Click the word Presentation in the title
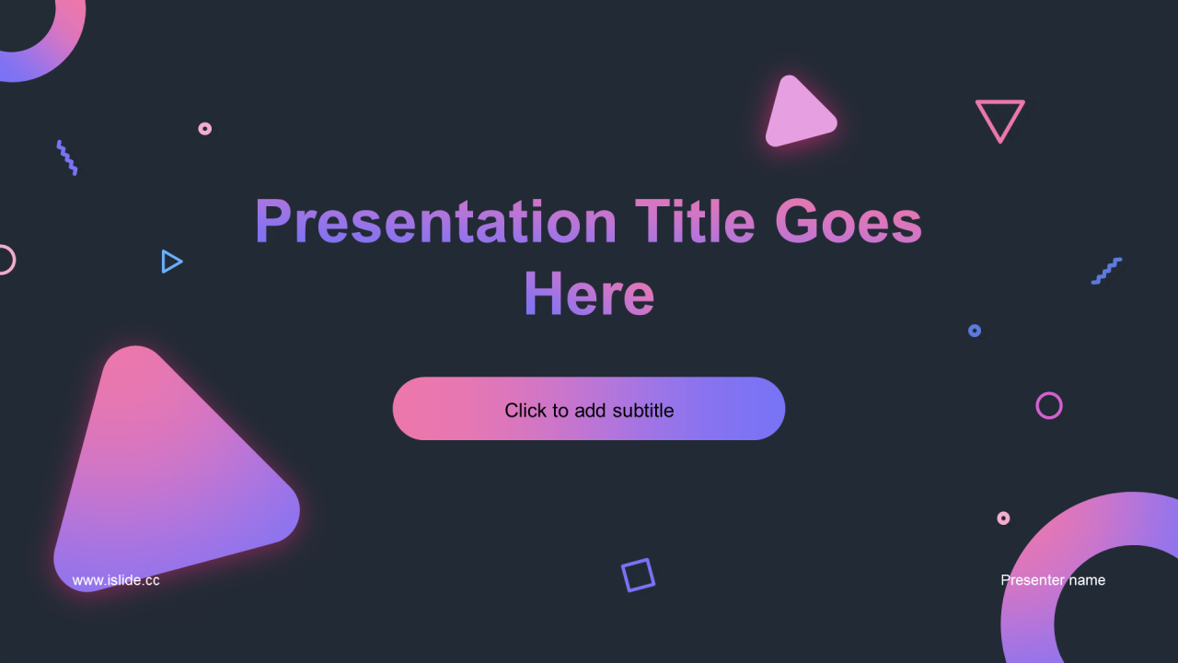click(x=435, y=222)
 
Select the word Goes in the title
click(x=849, y=222)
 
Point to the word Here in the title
click(x=589, y=293)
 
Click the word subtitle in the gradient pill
click(x=643, y=411)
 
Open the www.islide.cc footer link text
click(x=116, y=580)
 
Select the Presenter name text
click(x=1053, y=580)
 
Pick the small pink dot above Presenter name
click(x=1003, y=518)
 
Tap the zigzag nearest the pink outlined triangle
click(x=1107, y=271)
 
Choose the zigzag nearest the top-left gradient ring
click(x=67, y=157)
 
